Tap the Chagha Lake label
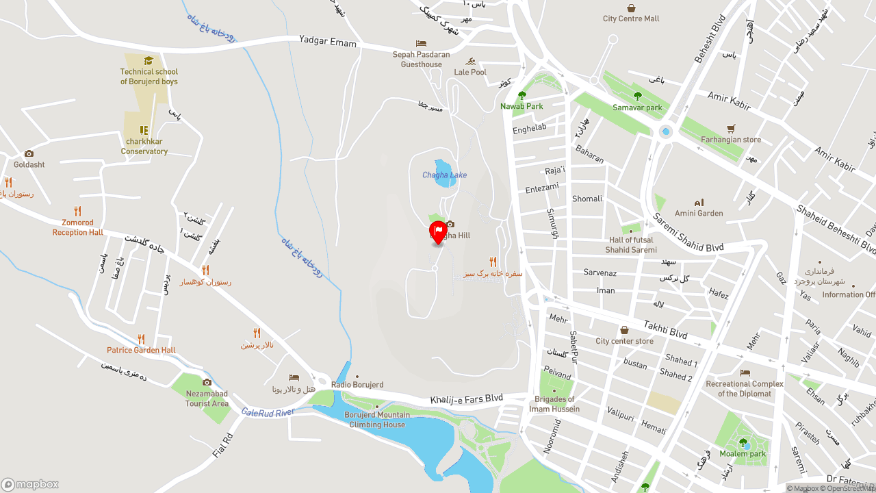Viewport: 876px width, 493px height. coord(444,175)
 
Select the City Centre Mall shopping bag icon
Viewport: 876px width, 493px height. coord(631,8)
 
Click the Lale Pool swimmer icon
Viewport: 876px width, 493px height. coord(470,62)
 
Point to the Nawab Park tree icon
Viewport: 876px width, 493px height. coord(522,96)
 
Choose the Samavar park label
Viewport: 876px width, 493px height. coord(637,108)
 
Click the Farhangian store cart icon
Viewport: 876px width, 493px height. coord(731,129)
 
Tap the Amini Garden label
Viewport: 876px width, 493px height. coord(699,214)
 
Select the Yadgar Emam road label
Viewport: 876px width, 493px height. coord(328,42)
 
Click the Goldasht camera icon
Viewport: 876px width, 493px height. coord(29,154)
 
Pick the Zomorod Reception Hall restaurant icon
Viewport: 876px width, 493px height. coord(78,212)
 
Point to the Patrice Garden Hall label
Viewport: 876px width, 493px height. coord(141,351)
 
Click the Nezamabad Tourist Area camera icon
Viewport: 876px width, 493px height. coord(207,382)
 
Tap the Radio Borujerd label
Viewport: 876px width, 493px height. coord(357,385)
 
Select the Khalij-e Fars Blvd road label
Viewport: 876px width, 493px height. coord(466,399)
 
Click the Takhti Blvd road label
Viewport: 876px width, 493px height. coord(665,329)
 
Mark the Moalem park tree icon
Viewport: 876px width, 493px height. coord(743,442)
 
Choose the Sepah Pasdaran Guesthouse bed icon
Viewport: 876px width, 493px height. coord(421,44)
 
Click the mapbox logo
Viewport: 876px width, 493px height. coord(30,484)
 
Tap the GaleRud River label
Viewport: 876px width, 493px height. coord(268,412)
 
